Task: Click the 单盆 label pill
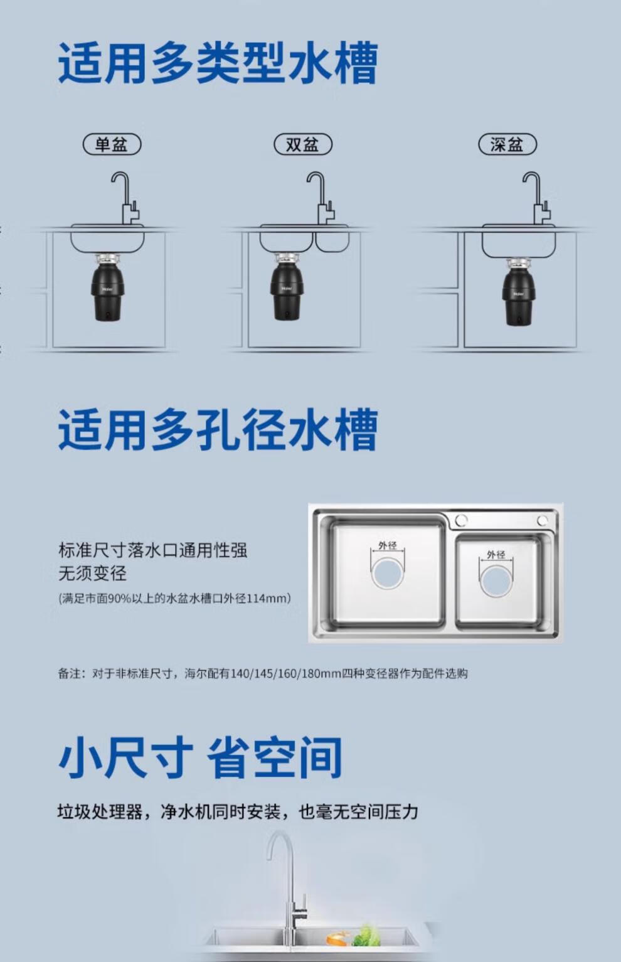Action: tap(112, 144)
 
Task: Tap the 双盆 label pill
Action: tap(303, 144)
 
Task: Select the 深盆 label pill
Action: tap(507, 144)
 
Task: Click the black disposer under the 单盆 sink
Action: tap(108, 288)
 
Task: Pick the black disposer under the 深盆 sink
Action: tap(519, 292)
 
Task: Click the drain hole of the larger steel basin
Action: tap(388, 573)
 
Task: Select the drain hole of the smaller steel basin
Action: tap(496, 581)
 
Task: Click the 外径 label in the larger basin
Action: tap(388, 545)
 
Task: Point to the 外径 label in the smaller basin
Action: tap(496, 555)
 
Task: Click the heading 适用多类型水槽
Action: tap(218, 63)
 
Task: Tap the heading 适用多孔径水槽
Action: tap(218, 430)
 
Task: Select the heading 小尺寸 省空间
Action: tap(200, 757)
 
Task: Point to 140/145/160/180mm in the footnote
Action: tap(286, 673)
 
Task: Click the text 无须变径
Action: tap(93, 574)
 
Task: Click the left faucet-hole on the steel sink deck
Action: tap(461, 520)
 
